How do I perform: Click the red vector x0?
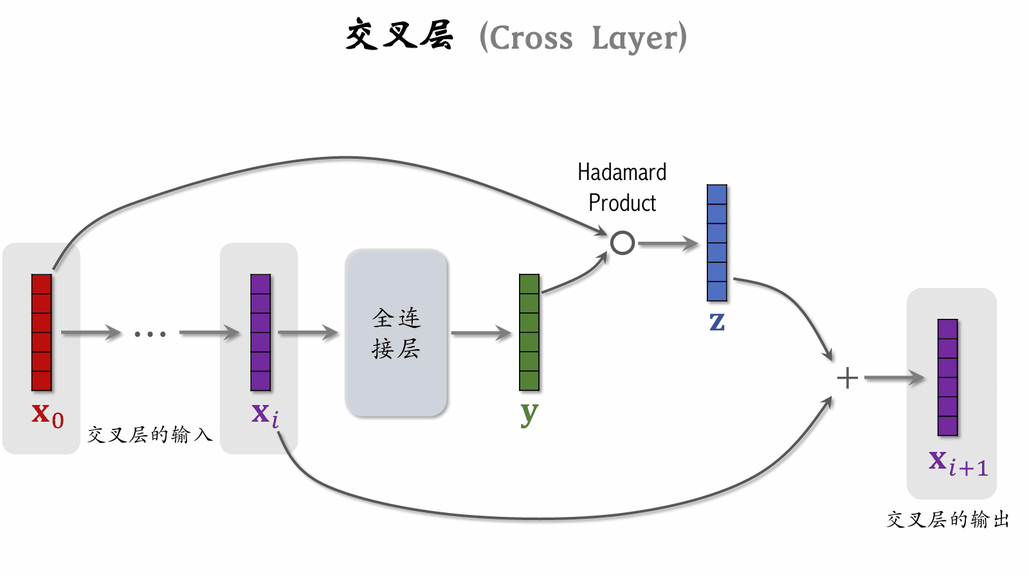tap(42, 332)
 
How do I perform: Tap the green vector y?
tap(529, 332)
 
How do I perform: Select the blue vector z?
tap(717, 242)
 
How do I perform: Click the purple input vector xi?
tap(260, 332)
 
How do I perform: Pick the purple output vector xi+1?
tap(948, 377)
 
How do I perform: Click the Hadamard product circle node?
tap(623, 243)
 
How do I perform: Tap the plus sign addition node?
tap(848, 378)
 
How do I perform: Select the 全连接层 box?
tap(396, 333)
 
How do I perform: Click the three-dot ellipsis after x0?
tap(150, 334)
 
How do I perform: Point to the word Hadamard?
tap(622, 172)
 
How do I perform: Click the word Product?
tap(622, 203)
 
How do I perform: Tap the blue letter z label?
tap(717, 321)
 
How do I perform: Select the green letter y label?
tap(529, 413)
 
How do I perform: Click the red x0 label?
tap(48, 415)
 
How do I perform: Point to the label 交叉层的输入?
tap(150, 435)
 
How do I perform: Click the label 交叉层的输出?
tap(948, 519)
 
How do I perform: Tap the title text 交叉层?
tap(399, 35)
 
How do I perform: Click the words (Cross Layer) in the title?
tap(583, 38)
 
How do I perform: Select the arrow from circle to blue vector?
tap(668, 244)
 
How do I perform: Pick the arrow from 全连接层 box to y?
tap(481, 334)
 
